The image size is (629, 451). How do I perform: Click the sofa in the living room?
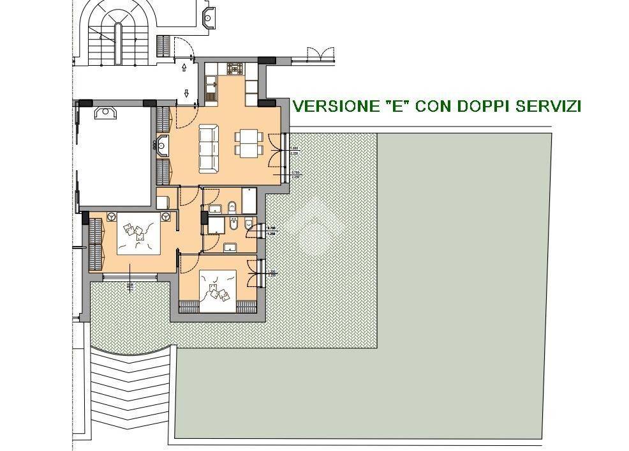click(209, 149)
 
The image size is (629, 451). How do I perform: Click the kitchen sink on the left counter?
click(211, 82)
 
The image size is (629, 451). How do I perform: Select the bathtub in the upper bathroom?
click(248, 200)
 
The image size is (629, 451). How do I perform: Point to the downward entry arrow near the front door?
click(187, 93)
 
